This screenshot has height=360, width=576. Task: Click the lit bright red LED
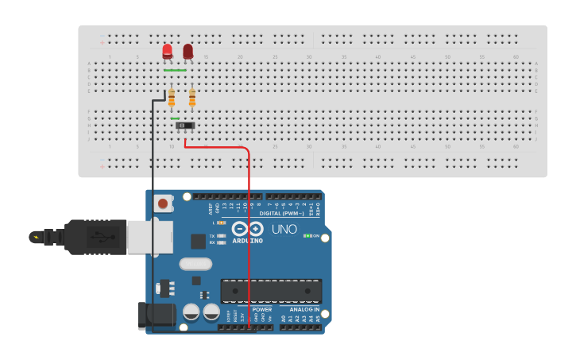168,52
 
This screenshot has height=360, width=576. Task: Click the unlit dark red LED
188,52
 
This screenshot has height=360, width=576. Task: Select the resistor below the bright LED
172,99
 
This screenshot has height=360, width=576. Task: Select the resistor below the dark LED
191,99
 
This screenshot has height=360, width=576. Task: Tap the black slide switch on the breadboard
185,126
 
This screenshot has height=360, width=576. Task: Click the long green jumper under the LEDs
175,71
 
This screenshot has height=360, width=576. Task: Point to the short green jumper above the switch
175,118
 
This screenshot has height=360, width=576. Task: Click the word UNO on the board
284,230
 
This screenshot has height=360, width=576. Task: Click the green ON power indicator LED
307,237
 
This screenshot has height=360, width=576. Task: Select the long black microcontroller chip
271,291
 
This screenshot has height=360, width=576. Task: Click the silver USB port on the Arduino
149,236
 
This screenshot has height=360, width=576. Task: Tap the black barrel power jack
156,316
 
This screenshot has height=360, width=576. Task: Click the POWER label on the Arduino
261,310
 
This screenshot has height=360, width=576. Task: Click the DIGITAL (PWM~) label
281,214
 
